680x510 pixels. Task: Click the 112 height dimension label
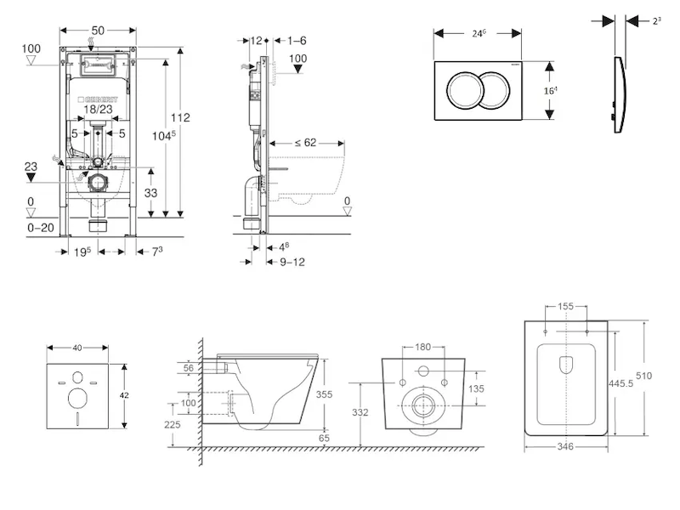click(179, 117)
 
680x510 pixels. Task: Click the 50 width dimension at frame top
click(98, 31)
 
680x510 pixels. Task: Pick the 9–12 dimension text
click(292, 262)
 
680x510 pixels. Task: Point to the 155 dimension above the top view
click(566, 305)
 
